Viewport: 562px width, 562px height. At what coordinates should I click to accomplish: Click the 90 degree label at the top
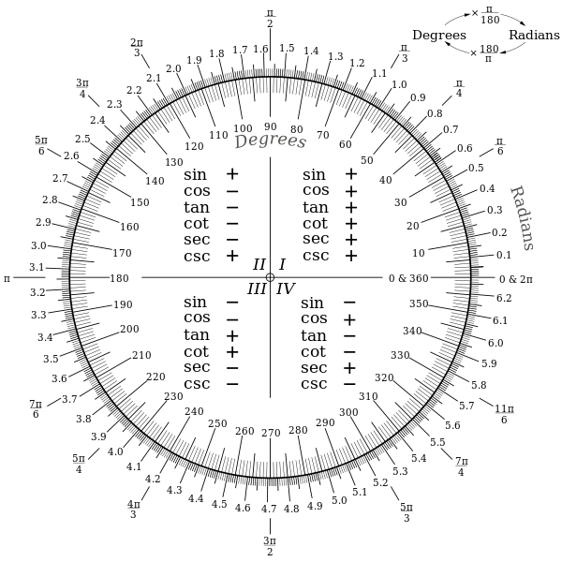[x=270, y=126]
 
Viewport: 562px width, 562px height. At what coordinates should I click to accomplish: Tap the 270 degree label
[x=271, y=433]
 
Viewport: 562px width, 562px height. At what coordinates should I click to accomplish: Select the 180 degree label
[x=119, y=278]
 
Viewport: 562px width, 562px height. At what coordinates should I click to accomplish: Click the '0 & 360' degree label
[x=408, y=278]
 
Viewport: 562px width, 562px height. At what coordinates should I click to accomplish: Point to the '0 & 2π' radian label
[x=515, y=279]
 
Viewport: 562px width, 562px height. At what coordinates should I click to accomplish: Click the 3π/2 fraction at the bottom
[x=270, y=546]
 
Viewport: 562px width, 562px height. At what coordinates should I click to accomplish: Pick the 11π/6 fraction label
[x=504, y=414]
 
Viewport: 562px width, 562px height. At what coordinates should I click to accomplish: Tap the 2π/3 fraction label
[x=137, y=48]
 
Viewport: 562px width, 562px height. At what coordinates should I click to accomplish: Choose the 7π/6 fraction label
[x=35, y=409]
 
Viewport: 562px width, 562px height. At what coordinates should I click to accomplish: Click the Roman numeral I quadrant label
[x=282, y=265]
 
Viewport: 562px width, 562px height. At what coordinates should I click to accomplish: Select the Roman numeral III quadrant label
[x=257, y=289]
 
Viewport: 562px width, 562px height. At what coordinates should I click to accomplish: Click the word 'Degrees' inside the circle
[x=270, y=141]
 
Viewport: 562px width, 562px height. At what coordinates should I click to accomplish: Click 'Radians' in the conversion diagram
[x=534, y=36]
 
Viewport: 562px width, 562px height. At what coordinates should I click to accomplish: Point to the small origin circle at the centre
[x=270, y=277]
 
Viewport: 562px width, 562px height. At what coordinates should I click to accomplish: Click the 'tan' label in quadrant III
[x=196, y=334]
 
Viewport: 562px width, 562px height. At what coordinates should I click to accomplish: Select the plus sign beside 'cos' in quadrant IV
[x=349, y=318]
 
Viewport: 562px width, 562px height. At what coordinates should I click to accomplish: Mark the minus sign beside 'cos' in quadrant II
[x=231, y=191]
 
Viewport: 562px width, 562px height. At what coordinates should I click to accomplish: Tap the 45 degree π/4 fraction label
[x=458, y=88]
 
